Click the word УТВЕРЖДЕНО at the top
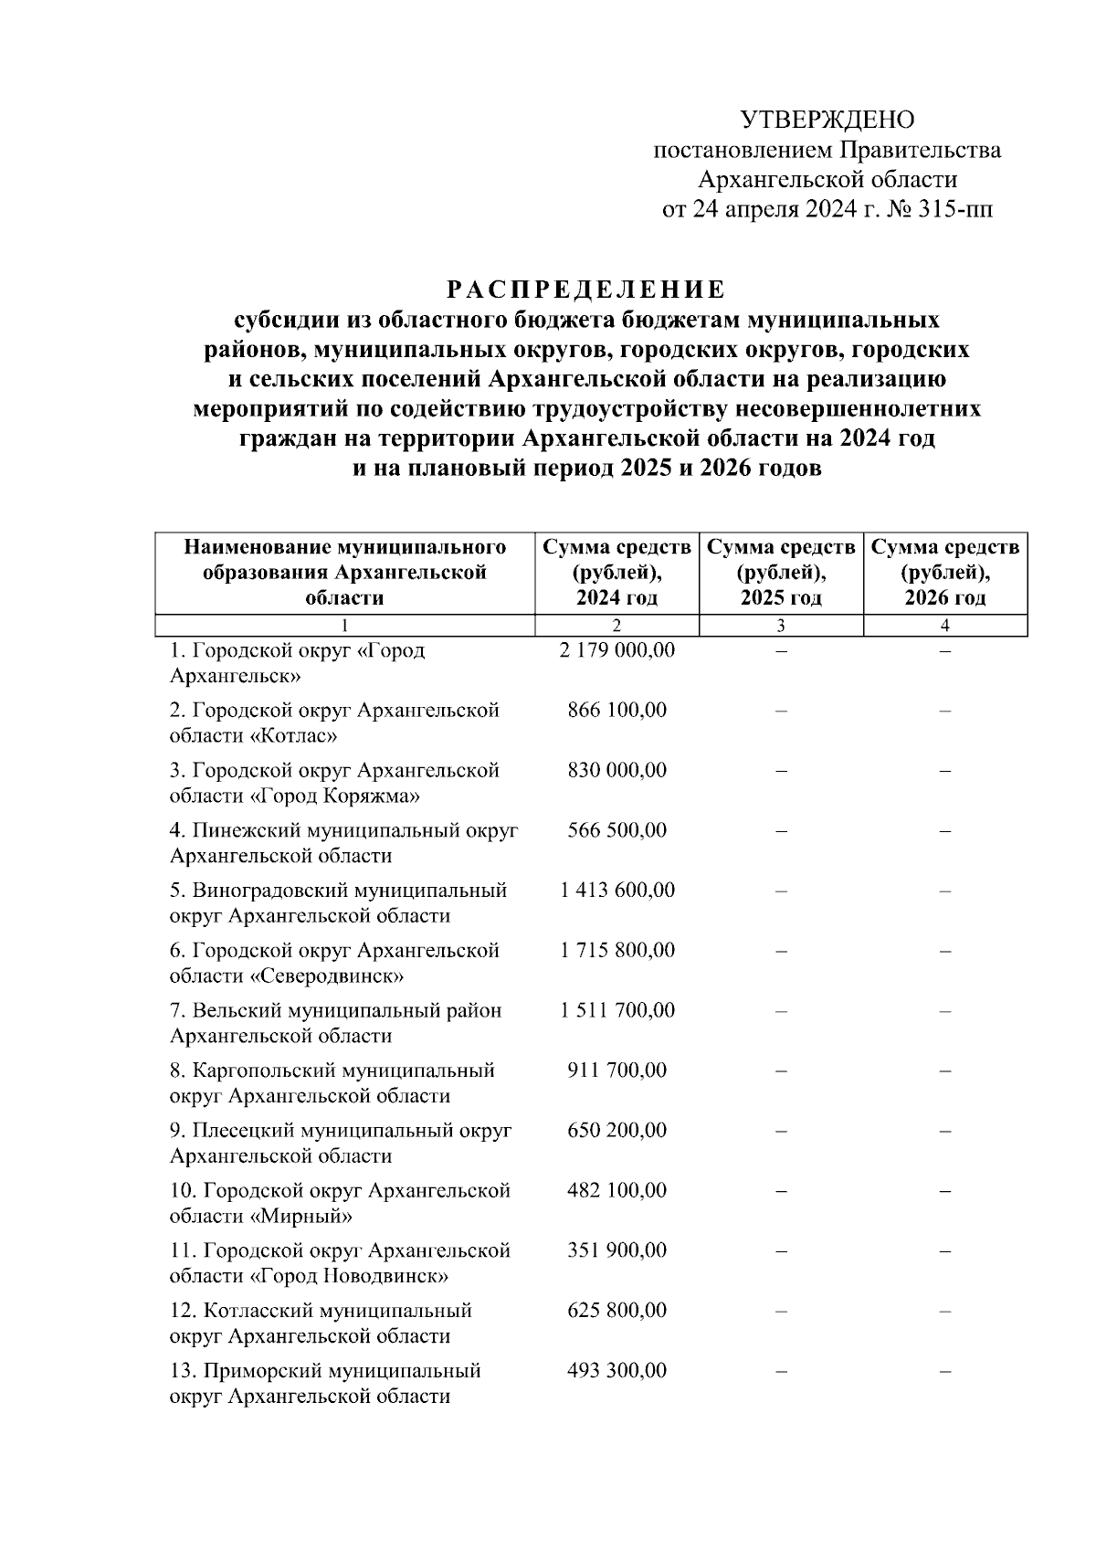pos(827,120)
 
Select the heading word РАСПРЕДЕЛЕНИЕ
pos(585,290)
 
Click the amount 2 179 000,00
pos(616,650)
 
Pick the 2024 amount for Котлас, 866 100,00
pos(616,710)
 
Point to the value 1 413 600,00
pos(616,890)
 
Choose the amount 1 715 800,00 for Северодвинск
pos(616,950)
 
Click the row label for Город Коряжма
pos(334,783)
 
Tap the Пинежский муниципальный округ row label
pos(343,843)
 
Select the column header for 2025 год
pos(781,573)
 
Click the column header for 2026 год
pos(945,573)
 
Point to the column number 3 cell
pos(781,626)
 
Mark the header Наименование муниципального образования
pos(344,573)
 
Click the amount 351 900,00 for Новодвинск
pos(616,1250)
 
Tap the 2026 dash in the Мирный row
pos(945,1191)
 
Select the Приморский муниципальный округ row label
pos(325,1383)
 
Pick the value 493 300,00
pos(616,1370)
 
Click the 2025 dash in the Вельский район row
pos(781,1011)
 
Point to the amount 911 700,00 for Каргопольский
pos(616,1070)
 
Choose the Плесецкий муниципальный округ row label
pos(340,1143)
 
